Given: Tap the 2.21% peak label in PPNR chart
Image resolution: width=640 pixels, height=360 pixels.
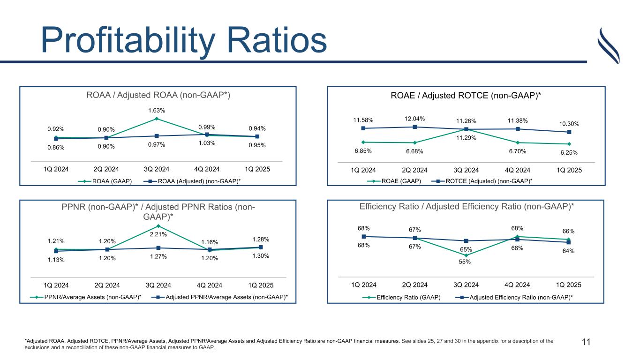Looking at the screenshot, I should pos(158,234).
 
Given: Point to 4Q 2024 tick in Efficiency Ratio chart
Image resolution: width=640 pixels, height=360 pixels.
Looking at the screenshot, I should pos(517,285).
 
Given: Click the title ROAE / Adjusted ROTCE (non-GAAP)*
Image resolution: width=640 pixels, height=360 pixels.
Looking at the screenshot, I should pos(466,96).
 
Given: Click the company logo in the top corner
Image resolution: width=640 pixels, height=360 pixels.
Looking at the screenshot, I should pos(609,45).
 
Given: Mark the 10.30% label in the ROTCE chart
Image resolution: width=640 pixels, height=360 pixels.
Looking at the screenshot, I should pos(568,124).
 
